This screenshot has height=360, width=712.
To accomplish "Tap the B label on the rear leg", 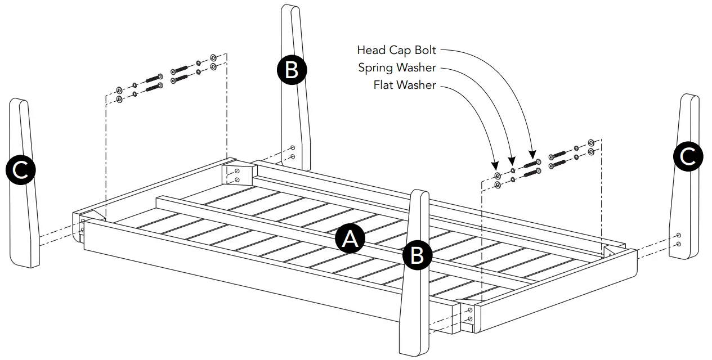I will [x=292, y=71].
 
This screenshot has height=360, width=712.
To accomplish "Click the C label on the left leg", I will [x=21, y=170].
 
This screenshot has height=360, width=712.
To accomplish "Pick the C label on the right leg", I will [x=687, y=157].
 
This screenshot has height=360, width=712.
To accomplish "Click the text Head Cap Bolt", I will [x=396, y=50].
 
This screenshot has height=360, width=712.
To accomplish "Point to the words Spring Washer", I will [x=397, y=68].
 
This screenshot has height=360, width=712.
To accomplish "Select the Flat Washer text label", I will [x=404, y=85].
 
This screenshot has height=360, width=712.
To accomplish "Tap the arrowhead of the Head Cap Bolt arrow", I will [x=531, y=154].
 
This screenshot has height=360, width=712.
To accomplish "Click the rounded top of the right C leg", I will [x=691, y=98].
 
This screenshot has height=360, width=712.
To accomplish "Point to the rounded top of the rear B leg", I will [x=289, y=8].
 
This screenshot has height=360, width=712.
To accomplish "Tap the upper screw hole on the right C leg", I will [x=679, y=235].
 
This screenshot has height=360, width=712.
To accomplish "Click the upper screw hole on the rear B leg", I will [x=292, y=148].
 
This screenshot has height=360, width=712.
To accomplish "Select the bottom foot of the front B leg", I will [x=414, y=350].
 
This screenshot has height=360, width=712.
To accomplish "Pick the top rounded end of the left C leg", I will [x=19, y=102].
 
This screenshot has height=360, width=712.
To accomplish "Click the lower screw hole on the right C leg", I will [x=679, y=244].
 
